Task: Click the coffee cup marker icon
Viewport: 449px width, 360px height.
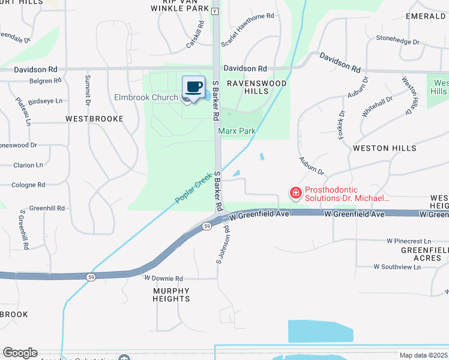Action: pyautogui.click(x=193, y=87)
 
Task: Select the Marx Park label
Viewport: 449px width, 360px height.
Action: pyautogui.click(x=237, y=131)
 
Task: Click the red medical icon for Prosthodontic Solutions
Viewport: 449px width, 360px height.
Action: pyautogui.click(x=295, y=193)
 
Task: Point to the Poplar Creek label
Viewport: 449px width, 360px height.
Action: pyautogui.click(x=194, y=191)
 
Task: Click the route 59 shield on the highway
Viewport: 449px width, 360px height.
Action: pyautogui.click(x=206, y=226)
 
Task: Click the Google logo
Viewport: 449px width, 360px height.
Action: pyautogui.click(x=20, y=353)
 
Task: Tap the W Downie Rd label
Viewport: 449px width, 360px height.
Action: pyautogui.click(x=163, y=278)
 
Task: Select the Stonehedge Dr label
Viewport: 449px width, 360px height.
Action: pyautogui.click(x=397, y=40)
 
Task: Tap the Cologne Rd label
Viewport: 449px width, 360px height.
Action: pyautogui.click(x=28, y=185)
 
